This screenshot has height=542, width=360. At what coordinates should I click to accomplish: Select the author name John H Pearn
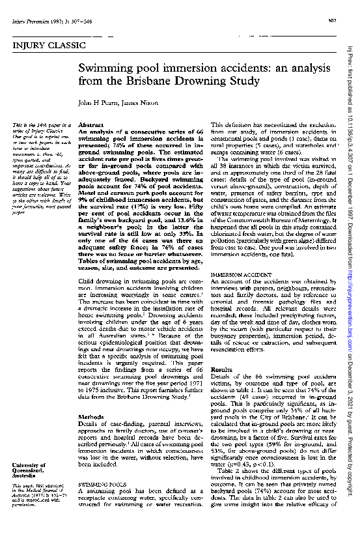click(96, 103)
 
